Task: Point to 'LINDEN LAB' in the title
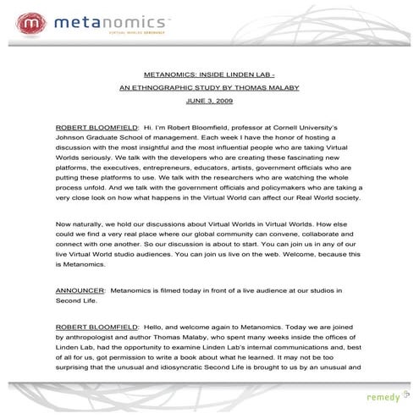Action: (x=259, y=74)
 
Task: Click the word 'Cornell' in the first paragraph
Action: (x=276, y=125)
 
